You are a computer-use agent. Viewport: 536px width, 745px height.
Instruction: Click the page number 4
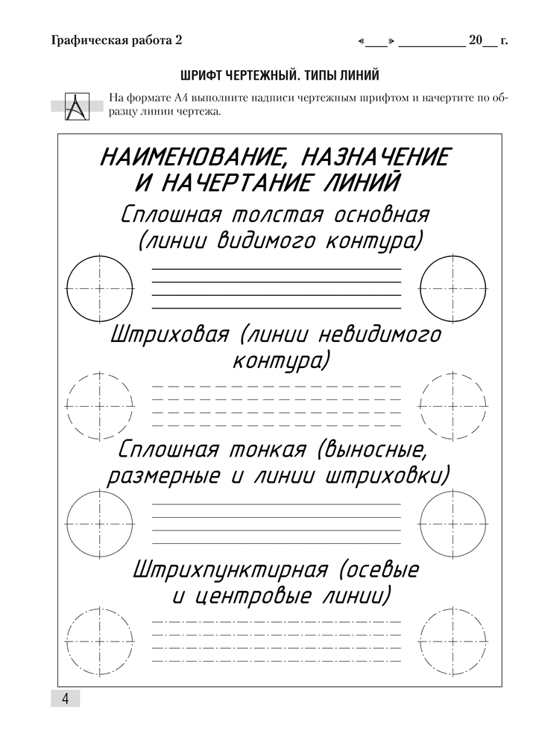point(65,698)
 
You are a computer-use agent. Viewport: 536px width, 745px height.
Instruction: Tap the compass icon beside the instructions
point(77,105)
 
